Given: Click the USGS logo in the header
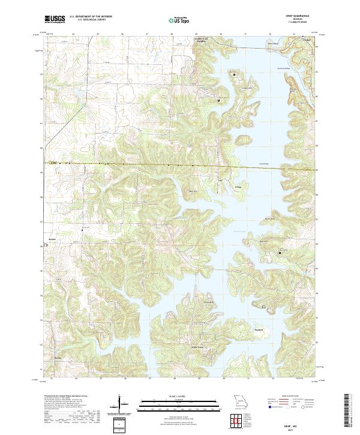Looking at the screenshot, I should coord(55,20).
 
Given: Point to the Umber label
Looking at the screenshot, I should coord(307,41).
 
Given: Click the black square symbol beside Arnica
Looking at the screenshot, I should coord(46,246).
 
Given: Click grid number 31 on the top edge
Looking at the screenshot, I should coord(246,34).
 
